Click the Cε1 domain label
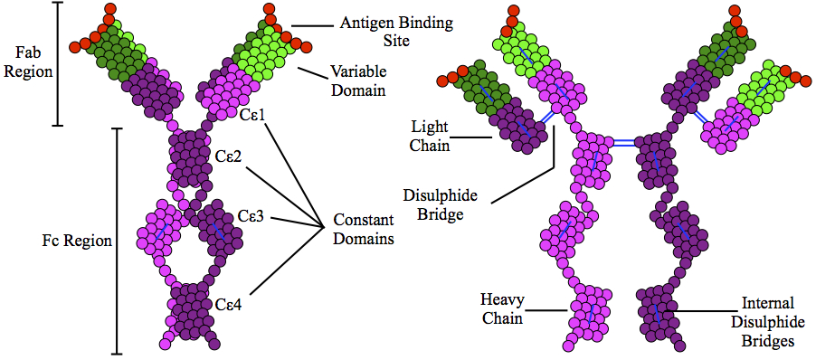coord(253,114)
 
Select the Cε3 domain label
coord(251,215)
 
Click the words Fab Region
coord(25,62)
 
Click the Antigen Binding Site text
coord(396,32)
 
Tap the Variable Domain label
coord(358,81)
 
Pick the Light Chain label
coord(431,136)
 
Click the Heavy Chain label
coord(501,309)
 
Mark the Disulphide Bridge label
coord(433,204)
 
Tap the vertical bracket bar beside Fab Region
coord(59,63)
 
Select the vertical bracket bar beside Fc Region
coord(117,241)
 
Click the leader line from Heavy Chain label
coord(547,311)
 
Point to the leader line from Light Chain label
coord(472,137)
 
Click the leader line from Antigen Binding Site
coord(312,25)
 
